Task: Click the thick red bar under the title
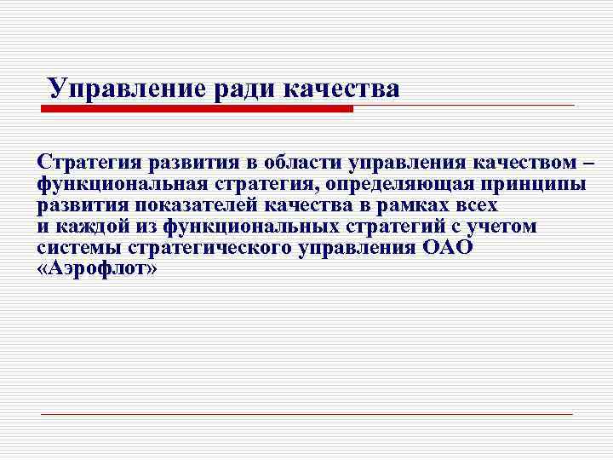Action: (x=198, y=109)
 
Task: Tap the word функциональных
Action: (x=251, y=227)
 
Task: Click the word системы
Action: (x=75, y=248)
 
